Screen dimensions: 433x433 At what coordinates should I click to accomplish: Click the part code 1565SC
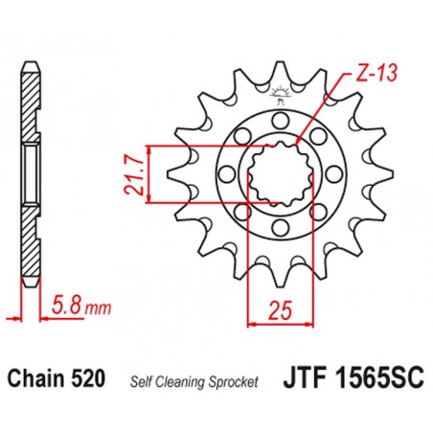click(x=362, y=380)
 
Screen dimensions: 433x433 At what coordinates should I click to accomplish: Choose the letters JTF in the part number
click(x=299, y=380)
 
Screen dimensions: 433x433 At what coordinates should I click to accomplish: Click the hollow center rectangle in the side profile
click(x=33, y=172)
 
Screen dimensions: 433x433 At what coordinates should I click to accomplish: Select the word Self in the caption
click(x=142, y=382)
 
